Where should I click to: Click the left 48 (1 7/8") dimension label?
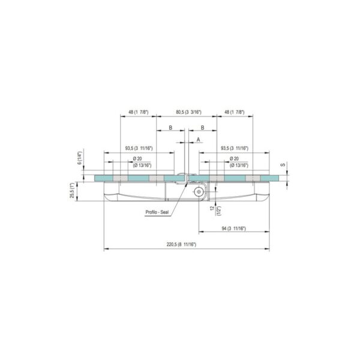pos(139,112)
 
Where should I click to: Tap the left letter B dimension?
pos(170,128)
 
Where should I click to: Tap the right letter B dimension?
pos(203,128)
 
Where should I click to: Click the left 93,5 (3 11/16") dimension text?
pos(138,148)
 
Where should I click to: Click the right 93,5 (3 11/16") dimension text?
pos(235,148)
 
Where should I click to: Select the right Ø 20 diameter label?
pos(234,158)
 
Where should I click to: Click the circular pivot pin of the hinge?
pos(197,191)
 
